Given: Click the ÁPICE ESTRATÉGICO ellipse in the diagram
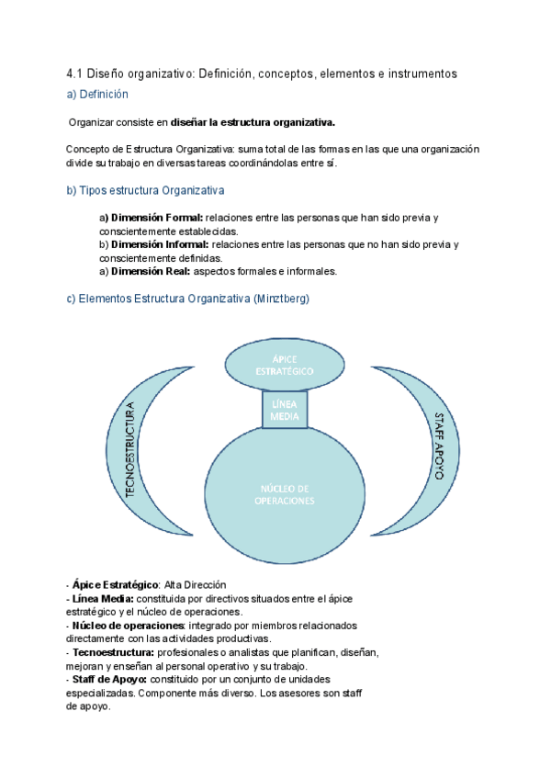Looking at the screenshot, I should [285, 365].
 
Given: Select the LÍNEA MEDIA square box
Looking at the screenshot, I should [285, 410].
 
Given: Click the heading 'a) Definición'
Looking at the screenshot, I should [97, 94].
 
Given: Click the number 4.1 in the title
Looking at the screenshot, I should [77, 73].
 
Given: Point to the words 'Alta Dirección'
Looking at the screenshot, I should [195, 585].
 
